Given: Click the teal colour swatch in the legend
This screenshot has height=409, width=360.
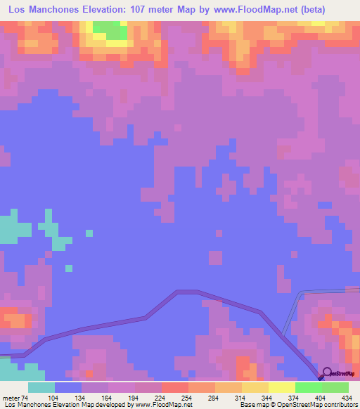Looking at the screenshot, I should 41,387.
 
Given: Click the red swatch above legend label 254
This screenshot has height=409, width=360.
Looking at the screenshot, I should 174,387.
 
